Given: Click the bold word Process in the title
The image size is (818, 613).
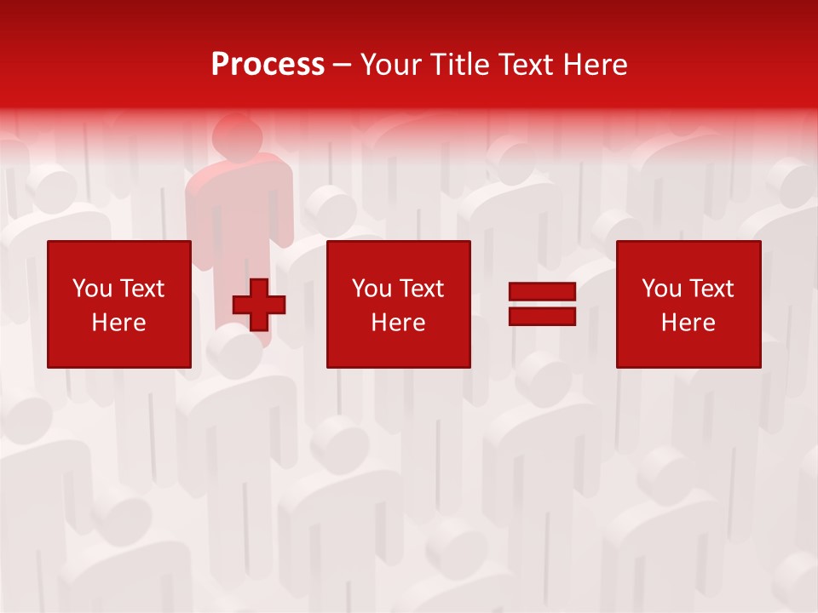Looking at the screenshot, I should [268, 65].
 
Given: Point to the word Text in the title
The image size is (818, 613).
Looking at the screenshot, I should [522, 65].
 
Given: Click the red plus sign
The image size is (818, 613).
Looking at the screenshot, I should [259, 305].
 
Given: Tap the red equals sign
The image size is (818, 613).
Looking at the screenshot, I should [542, 304].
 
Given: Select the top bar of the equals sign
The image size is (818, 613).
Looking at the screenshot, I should [542, 292].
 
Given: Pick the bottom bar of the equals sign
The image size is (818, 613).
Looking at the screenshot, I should [542, 316].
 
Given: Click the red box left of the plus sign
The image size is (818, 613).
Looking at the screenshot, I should [118, 304].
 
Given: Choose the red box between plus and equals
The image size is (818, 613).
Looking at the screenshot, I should [398, 304].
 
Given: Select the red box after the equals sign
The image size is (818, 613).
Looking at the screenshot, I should [688, 304].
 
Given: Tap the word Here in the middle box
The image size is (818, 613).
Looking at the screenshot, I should [398, 323].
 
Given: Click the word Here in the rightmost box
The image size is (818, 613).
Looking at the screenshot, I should [688, 323].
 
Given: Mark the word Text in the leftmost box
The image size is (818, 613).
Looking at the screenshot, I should [142, 289].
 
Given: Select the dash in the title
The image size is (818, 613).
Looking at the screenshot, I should [343, 66].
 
